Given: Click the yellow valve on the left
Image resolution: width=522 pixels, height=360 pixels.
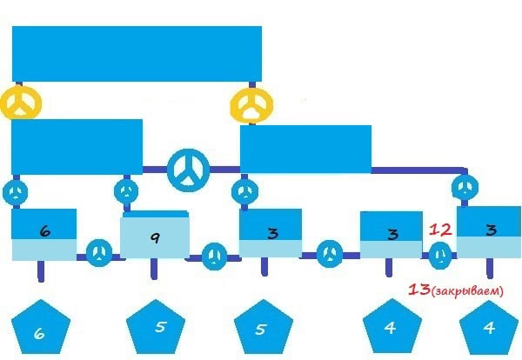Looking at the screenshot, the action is click(x=21, y=103).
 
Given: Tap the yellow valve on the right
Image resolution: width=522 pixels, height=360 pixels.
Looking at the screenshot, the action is click(x=251, y=105).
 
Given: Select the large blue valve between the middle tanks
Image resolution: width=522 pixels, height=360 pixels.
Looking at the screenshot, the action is click(x=189, y=170).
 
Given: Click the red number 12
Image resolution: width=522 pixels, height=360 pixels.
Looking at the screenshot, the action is click(x=440, y=230).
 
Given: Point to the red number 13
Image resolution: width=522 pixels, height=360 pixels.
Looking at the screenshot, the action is click(x=418, y=290).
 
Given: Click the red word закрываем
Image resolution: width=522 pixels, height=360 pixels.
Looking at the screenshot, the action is click(x=467, y=291).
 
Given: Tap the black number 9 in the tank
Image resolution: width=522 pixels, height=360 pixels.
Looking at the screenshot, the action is click(x=155, y=237).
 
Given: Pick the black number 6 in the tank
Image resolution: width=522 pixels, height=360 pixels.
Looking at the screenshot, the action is click(x=45, y=231).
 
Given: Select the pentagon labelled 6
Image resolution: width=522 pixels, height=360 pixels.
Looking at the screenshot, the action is click(x=41, y=327).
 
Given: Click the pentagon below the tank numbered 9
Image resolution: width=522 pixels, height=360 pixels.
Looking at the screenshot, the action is click(x=156, y=327).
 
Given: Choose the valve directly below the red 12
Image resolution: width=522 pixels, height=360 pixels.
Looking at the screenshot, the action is click(x=439, y=255).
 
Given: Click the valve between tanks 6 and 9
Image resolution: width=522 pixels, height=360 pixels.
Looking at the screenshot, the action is click(x=99, y=253).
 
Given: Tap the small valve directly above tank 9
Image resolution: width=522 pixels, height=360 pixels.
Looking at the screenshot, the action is click(x=126, y=191).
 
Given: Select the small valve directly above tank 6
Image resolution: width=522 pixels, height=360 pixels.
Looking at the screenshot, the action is click(x=16, y=192).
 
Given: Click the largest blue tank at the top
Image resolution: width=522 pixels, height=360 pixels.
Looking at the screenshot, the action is click(x=137, y=54).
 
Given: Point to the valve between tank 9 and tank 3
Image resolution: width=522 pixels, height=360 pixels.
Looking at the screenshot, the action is click(x=214, y=257).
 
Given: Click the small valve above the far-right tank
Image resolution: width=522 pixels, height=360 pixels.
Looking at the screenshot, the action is click(x=465, y=187).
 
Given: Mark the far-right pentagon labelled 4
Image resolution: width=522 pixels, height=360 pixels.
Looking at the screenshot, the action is click(x=489, y=328).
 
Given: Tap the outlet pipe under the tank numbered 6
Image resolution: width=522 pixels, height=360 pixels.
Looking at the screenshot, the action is click(x=41, y=271).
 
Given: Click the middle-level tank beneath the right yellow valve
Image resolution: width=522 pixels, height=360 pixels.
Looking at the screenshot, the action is click(x=305, y=149).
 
